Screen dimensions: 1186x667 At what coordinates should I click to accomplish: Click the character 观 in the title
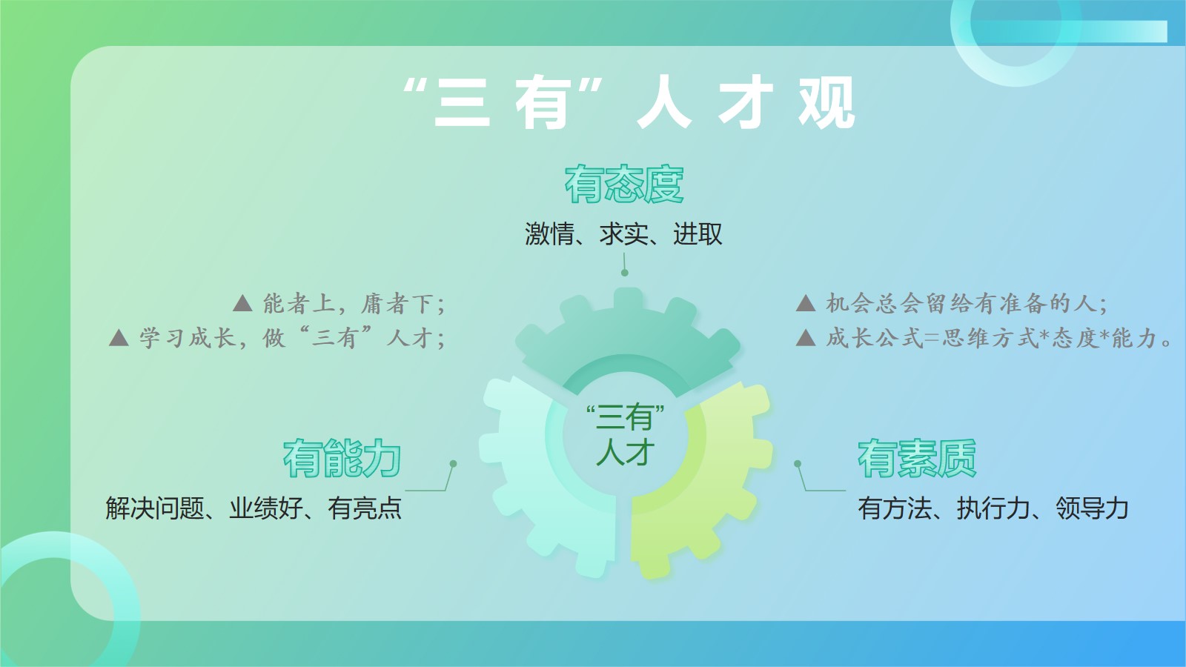tap(826, 102)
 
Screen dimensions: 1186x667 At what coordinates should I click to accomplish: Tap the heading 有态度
tap(624, 185)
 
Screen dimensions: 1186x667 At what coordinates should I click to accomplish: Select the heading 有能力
tap(342, 459)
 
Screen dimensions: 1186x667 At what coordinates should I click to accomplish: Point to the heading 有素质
tap(917, 459)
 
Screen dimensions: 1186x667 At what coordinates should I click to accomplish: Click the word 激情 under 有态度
tap(549, 234)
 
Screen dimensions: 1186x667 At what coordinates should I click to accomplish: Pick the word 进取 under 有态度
tap(698, 234)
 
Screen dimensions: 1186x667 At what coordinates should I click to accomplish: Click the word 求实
tap(623, 234)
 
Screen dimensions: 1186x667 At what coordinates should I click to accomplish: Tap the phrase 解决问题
tap(155, 508)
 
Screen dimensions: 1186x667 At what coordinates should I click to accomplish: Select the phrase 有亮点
tap(365, 508)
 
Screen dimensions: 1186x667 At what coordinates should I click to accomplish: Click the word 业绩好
tap(266, 508)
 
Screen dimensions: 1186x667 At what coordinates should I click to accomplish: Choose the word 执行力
tap(993, 508)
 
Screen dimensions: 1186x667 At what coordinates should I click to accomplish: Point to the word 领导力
tap(1093, 508)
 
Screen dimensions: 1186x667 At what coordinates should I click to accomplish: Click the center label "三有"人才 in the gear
tap(626, 435)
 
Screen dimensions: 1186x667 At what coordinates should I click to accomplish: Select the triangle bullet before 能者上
tap(242, 303)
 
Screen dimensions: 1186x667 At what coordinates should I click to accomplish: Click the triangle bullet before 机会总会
tap(805, 303)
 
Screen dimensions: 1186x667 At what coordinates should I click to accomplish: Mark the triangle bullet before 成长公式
tap(805, 338)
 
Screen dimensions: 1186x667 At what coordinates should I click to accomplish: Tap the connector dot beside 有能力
tap(453, 464)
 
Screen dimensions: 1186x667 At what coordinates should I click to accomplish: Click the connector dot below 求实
tap(625, 273)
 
